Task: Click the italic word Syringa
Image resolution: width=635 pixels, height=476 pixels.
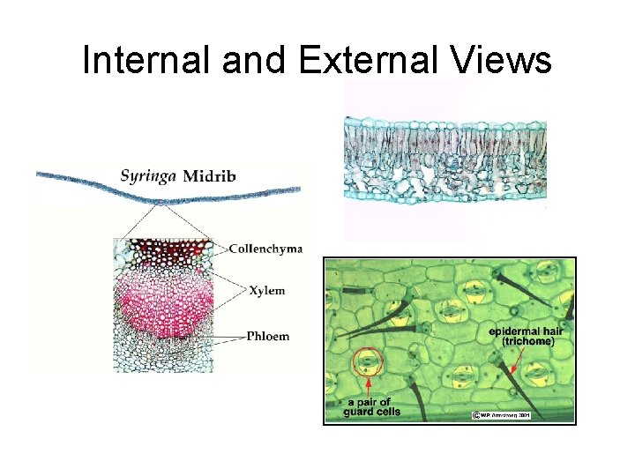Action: [148, 175]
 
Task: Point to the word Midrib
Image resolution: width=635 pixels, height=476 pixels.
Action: [209, 175]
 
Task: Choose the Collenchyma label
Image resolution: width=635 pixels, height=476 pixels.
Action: [265, 249]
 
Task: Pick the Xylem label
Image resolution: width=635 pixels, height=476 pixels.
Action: [267, 291]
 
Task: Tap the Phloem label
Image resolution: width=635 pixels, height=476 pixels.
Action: [268, 336]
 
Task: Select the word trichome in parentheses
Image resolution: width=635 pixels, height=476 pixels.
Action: [527, 341]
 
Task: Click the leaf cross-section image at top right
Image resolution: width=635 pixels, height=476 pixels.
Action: [444, 159]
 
